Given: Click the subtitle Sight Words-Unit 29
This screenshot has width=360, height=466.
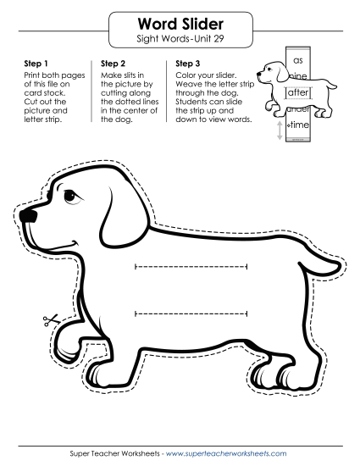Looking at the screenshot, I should point(180,39).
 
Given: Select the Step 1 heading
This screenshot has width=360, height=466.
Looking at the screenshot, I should point(30,63).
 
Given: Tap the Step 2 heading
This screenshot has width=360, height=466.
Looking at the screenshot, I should point(114,63).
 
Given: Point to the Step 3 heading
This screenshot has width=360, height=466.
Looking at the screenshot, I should point(188,63).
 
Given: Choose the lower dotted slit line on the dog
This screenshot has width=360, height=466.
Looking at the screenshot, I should point(191,315).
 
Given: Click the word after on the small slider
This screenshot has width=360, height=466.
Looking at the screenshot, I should point(296,93).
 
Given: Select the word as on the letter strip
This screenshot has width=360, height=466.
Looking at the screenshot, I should point(297,61).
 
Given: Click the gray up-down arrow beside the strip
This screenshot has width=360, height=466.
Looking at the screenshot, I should point(280,131).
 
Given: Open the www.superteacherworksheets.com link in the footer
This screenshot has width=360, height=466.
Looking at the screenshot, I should point(226,454).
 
